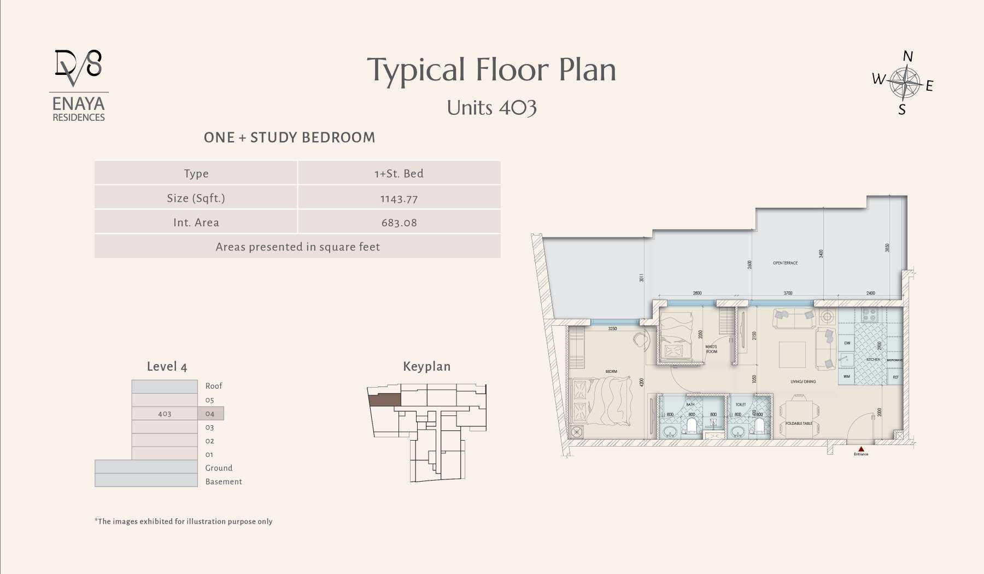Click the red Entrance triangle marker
coord(861,449)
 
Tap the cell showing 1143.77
coord(399,198)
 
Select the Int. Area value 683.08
coord(399,222)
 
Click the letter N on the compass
coord(908,56)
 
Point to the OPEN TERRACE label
coord(785,263)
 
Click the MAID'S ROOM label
coord(711,349)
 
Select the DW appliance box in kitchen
coord(847,343)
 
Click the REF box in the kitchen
coord(895,377)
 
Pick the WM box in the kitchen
coord(846,377)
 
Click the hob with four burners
coord(869,315)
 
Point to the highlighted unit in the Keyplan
coord(384,400)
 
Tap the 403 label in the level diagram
coord(165,414)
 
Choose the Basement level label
coord(223,482)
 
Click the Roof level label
coord(213,386)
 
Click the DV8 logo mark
coord(78,67)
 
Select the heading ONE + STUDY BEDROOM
coord(289,137)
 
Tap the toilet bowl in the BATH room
coord(692,426)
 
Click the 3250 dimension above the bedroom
coord(612,329)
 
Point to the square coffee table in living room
coord(792,354)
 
